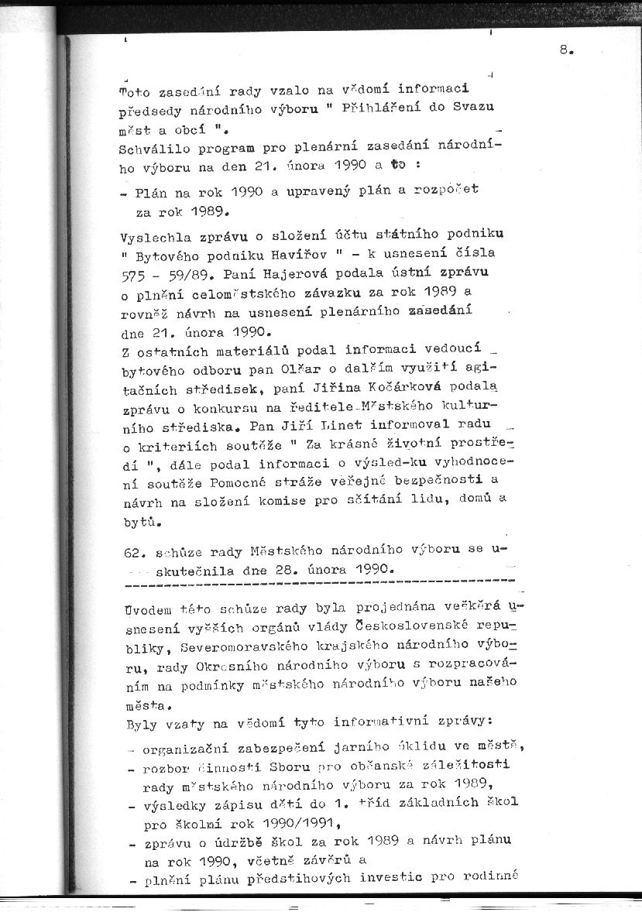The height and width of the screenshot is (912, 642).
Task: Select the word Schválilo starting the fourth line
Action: point(151,147)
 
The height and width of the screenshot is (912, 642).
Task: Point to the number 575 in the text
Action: point(135,273)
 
